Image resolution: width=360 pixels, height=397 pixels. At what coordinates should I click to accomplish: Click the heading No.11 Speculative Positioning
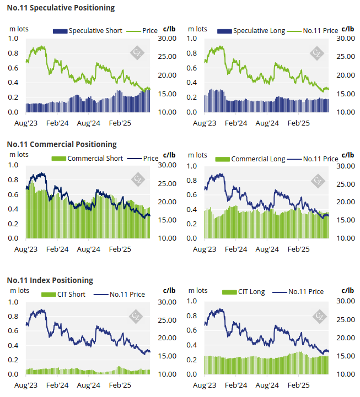tap(61, 8)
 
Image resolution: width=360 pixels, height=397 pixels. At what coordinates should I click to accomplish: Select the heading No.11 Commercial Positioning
tap(62, 144)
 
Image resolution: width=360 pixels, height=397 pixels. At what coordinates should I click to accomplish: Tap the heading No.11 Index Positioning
tap(50, 280)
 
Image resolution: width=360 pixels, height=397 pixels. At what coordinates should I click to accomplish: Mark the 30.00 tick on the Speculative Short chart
tap(167, 39)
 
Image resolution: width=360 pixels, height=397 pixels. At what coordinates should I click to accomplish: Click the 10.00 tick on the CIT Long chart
tap(346, 374)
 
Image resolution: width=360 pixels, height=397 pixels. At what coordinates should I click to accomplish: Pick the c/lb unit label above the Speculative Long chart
tap(348, 28)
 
